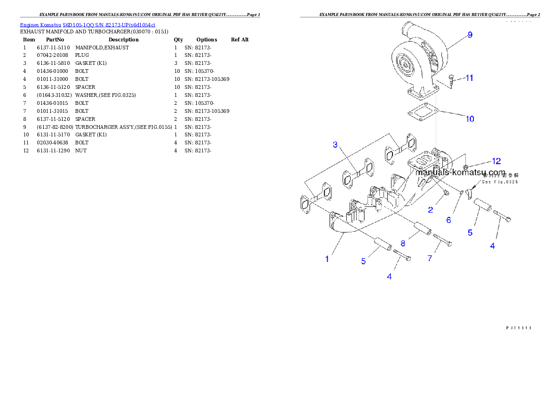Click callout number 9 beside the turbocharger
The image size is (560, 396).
coord(470,35)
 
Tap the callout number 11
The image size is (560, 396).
coord(469,78)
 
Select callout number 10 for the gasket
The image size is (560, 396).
coord(470,119)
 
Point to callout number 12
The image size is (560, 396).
coord(496,161)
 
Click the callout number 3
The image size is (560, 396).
coord(335,144)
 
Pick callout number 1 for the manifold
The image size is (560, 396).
coord(327,259)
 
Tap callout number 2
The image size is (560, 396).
coord(431,210)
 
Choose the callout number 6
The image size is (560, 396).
coord(448,220)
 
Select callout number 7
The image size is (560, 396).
coord(429,258)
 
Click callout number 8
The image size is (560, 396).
coord(403,243)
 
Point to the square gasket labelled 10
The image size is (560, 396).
coord(423,112)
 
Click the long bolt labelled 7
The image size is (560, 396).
coord(443,239)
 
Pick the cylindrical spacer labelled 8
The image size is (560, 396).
coord(422,230)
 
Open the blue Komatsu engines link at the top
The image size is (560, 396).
coord(88,24)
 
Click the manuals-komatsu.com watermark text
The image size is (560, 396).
coord(460,173)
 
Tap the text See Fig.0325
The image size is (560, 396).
coord(499,182)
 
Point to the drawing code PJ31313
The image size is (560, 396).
coord(518,327)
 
